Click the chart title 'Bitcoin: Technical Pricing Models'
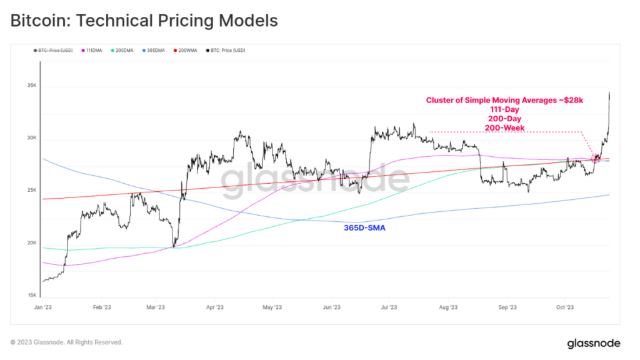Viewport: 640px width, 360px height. pyautogui.click(x=144, y=21)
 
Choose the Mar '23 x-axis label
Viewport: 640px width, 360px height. pyautogui.click(x=155, y=307)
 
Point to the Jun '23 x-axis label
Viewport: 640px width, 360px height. pyautogui.click(x=331, y=307)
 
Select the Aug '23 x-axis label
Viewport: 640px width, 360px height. pyautogui.click(x=448, y=307)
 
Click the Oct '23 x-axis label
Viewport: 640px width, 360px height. pyautogui.click(x=565, y=307)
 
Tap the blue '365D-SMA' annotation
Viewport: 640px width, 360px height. pyautogui.click(x=364, y=228)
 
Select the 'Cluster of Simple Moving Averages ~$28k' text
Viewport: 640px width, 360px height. pyautogui.click(x=504, y=100)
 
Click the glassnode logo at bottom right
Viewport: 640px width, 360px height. pyautogui.click(x=594, y=343)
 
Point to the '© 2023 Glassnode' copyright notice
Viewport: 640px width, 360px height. pyautogui.click(x=66, y=342)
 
